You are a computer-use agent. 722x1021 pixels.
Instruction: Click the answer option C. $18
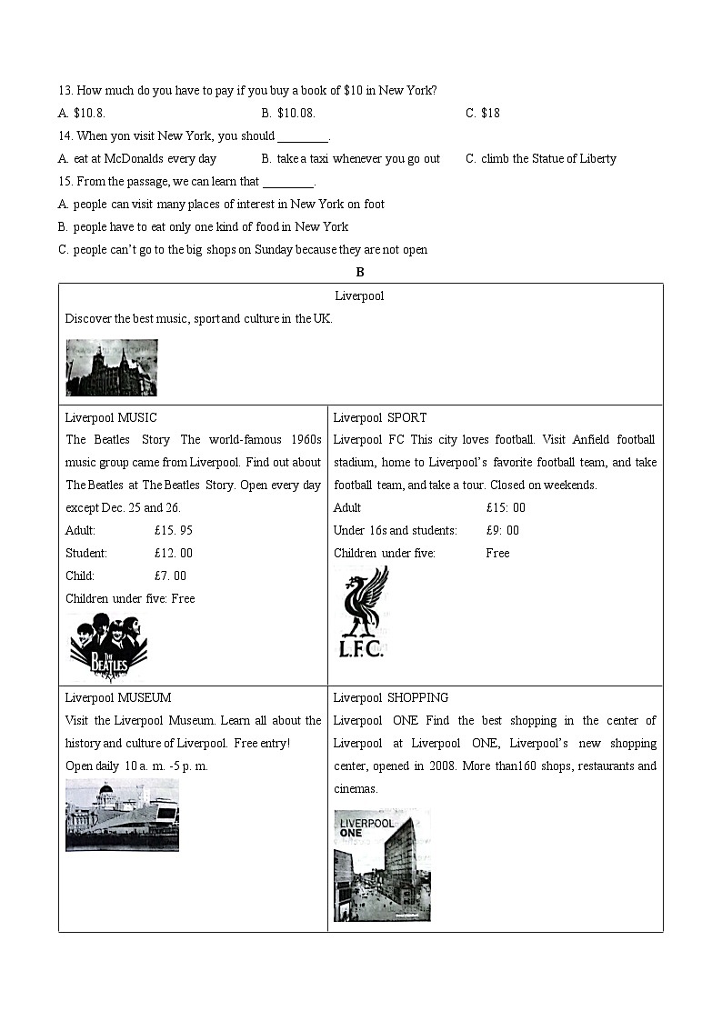click(483, 113)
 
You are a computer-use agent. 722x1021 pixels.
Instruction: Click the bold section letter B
click(360, 272)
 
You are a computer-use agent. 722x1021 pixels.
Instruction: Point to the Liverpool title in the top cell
click(359, 295)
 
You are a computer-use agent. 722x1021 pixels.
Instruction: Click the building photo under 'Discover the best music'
click(111, 367)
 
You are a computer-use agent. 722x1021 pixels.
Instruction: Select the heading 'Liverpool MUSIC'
click(111, 417)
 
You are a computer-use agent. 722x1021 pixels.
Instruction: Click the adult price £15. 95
click(174, 530)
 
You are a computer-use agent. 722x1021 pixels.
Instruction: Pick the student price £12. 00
click(174, 553)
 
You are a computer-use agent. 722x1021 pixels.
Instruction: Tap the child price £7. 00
click(170, 576)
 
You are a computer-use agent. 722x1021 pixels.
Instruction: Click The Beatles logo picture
click(108, 646)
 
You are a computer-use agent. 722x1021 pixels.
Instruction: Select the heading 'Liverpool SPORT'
click(379, 417)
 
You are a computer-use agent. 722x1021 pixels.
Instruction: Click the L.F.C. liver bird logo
click(362, 611)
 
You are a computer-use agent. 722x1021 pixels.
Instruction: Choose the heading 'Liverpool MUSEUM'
click(118, 697)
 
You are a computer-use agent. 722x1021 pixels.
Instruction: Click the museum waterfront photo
click(122, 815)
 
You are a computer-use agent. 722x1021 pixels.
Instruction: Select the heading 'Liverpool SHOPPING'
click(390, 697)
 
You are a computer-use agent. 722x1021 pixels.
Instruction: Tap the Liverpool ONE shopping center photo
click(382, 865)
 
